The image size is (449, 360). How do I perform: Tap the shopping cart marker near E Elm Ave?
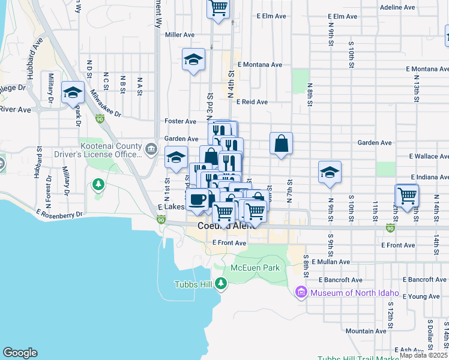tap(218, 8)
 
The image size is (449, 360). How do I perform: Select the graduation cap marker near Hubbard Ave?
tap(73, 93)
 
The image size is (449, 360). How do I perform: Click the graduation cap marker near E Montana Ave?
tap(193, 60)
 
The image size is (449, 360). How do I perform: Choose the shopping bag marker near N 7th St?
tap(281, 144)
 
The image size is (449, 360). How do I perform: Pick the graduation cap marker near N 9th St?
tap(330, 173)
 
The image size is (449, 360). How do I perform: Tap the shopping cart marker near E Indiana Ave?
tap(408, 196)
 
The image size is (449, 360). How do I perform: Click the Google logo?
tap(20, 353)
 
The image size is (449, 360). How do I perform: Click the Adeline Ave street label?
tap(398, 8)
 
